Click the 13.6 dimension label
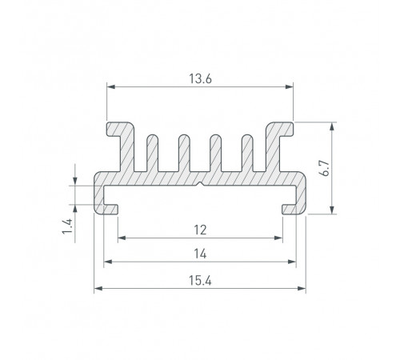200,79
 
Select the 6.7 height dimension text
326,168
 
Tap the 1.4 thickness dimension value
67,226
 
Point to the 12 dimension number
200,230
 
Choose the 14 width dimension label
200,254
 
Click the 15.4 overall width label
200,281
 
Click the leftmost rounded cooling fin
152,153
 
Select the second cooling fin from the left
184,153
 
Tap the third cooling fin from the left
215,153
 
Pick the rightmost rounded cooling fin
247,153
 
